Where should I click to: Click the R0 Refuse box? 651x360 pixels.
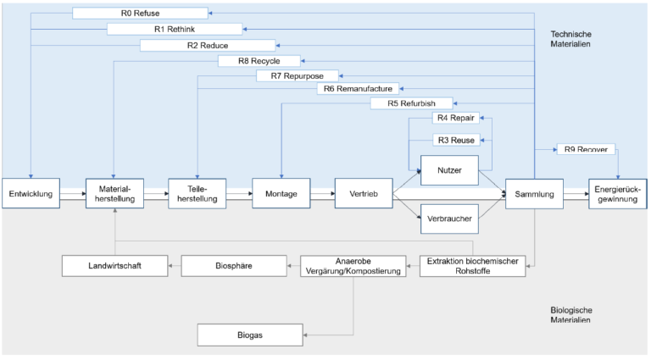click(x=140, y=13)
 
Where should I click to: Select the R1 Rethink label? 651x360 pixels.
click(x=175, y=29)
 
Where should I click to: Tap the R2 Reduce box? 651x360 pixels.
click(x=208, y=45)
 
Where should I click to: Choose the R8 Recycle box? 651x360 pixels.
click(x=260, y=61)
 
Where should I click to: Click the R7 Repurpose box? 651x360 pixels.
click(x=297, y=76)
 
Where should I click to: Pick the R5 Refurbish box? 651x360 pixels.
click(x=411, y=103)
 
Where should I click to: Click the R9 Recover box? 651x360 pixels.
click(x=586, y=150)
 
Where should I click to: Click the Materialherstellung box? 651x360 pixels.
click(x=114, y=194)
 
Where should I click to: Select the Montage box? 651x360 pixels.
click(x=281, y=194)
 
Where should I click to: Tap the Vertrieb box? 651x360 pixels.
click(x=364, y=194)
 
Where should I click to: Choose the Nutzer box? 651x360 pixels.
click(x=449, y=170)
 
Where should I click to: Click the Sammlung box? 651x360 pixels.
click(x=534, y=194)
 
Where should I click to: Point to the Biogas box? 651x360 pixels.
click(x=249, y=335)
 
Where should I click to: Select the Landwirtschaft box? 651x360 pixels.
click(x=114, y=266)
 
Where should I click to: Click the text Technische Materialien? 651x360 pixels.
click(x=570, y=39)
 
